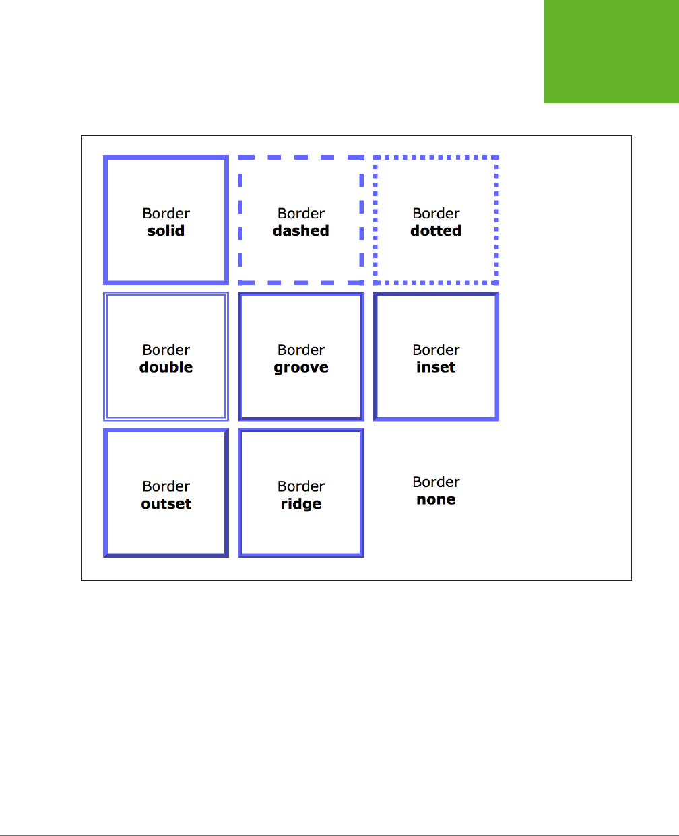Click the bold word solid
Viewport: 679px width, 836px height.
pyautogui.click(x=166, y=231)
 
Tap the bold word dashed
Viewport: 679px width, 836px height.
pyautogui.click(x=300, y=231)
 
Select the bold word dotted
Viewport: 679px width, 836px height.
pyautogui.click(x=436, y=231)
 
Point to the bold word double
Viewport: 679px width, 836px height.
pyautogui.click(x=166, y=368)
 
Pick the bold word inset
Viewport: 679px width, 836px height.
pyautogui.click(x=436, y=368)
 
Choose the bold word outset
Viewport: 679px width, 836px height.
pyautogui.click(x=166, y=504)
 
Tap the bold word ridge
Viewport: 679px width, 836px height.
pyautogui.click(x=300, y=505)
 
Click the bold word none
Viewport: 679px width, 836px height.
pyautogui.click(x=436, y=500)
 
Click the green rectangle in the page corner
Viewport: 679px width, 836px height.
pyautogui.click(x=611, y=51)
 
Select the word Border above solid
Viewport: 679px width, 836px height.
pyautogui.click(x=166, y=214)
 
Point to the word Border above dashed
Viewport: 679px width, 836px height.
pyautogui.click(x=300, y=214)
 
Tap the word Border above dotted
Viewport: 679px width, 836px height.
pyautogui.click(x=436, y=214)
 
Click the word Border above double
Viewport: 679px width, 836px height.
pyautogui.click(x=166, y=350)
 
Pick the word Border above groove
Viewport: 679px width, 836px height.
pyautogui.click(x=300, y=350)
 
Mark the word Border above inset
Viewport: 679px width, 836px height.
pyautogui.click(x=436, y=350)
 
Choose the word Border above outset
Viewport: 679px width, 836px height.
pyautogui.click(x=166, y=486)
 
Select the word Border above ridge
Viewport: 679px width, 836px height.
pyautogui.click(x=300, y=486)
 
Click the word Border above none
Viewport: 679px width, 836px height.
pyautogui.click(x=436, y=482)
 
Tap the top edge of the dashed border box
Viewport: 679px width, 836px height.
pyautogui.click(x=301, y=158)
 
